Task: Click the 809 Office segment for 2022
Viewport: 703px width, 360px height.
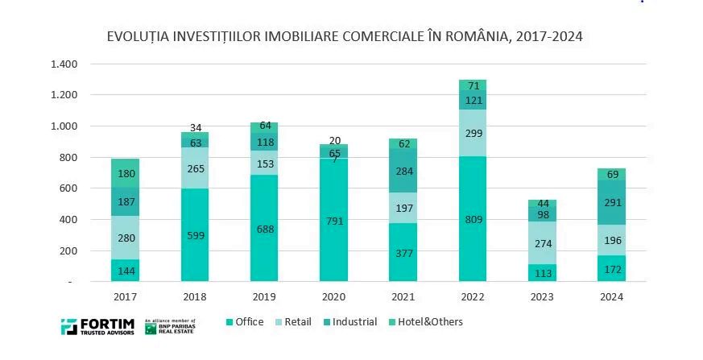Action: tap(473, 219)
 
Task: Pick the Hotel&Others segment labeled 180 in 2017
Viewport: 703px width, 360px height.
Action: tap(125, 173)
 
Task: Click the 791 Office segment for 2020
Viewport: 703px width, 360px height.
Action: tap(333, 219)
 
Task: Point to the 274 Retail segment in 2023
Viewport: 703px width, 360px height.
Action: tap(542, 242)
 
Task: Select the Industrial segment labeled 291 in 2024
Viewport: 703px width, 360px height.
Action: tap(612, 203)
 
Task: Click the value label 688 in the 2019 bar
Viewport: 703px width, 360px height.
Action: tap(264, 229)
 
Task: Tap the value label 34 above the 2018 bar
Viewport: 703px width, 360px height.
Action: tap(195, 127)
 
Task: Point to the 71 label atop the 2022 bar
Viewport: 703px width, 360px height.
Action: tap(473, 85)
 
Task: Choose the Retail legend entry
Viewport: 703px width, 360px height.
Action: tap(294, 322)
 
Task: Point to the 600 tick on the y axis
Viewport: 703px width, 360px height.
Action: tap(70, 188)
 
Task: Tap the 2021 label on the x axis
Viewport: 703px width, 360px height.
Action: tap(403, 297)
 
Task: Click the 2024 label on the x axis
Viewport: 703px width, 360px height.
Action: tap(611, 297)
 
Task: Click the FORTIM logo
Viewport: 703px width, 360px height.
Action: tap(97, 327)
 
